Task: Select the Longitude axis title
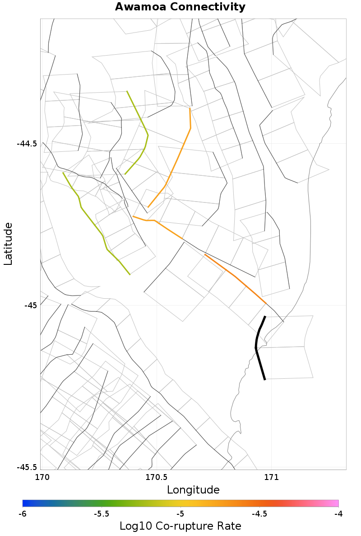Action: (193, 490)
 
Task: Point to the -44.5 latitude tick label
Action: (27, 144)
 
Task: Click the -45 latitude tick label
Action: (31, 305)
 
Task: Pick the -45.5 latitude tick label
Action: (27, 467)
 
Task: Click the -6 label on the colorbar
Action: (23, 514)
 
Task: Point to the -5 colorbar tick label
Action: (180, 514)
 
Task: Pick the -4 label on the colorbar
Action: (338, 514)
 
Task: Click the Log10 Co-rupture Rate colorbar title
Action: (180, 526)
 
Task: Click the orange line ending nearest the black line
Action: (235, 276)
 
